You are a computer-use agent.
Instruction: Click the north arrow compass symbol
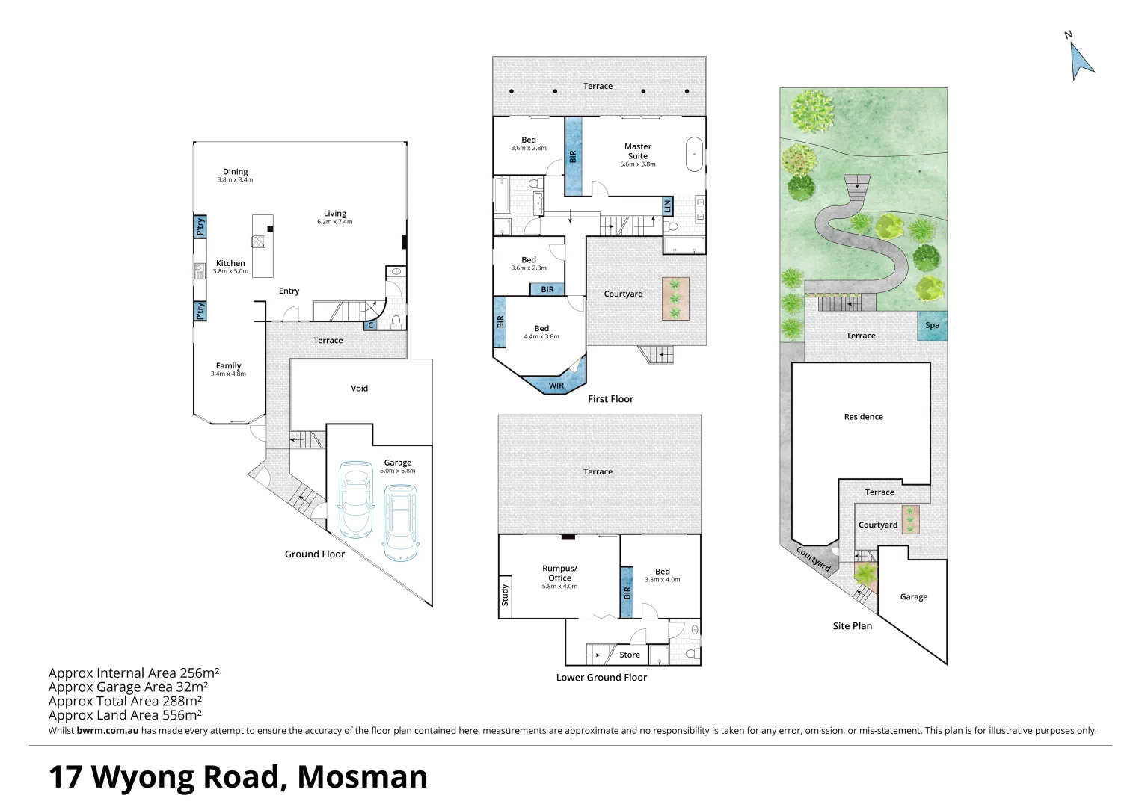pyautogui.click(x=1081, y=61)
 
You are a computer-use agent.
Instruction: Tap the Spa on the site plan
pyautogui.click(x=932, y=326)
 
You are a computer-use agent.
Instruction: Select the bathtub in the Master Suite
pyautogui.click(x=694, y=155)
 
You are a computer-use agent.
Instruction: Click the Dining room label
pyautogui.click(x=235, y=172)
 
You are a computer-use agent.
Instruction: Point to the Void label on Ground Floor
pyautogui.click(x=359, y=389)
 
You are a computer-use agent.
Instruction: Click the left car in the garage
pyautogui.click(x=356, y=499)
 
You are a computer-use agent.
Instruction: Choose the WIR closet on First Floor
pyautogui.click(x=556, y=386)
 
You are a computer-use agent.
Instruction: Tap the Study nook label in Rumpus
pyautogui.click(x=505, y=595)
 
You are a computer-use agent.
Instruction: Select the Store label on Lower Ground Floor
pyautogui.click(x=630, y=655)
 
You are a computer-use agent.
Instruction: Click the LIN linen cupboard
pyautogui.click(x=667, y=205)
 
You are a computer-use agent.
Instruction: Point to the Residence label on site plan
pyautogui.click(x=863, y=417)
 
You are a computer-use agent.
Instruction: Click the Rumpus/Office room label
pyautogui.click(x=559, y=573)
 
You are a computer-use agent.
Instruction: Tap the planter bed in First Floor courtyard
pyautogui.click(x=675, y=299)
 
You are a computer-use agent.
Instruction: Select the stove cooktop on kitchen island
pyautogui.click(x=259, y=241)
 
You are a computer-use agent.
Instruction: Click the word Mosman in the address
pyautogui.click(x=362, y=777)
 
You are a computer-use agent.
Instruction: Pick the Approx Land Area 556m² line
pyautogui.click(x=125, y=715)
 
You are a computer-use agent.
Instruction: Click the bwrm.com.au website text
pyautogui.click(x=107, y=731)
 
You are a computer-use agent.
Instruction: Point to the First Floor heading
pyautogui.click(x=610, y=399)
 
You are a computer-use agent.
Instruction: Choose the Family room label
pyautogui.click(x=228, y=366)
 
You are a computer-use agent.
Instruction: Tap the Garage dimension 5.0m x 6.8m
pyautogui.click(x=397, y=471)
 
